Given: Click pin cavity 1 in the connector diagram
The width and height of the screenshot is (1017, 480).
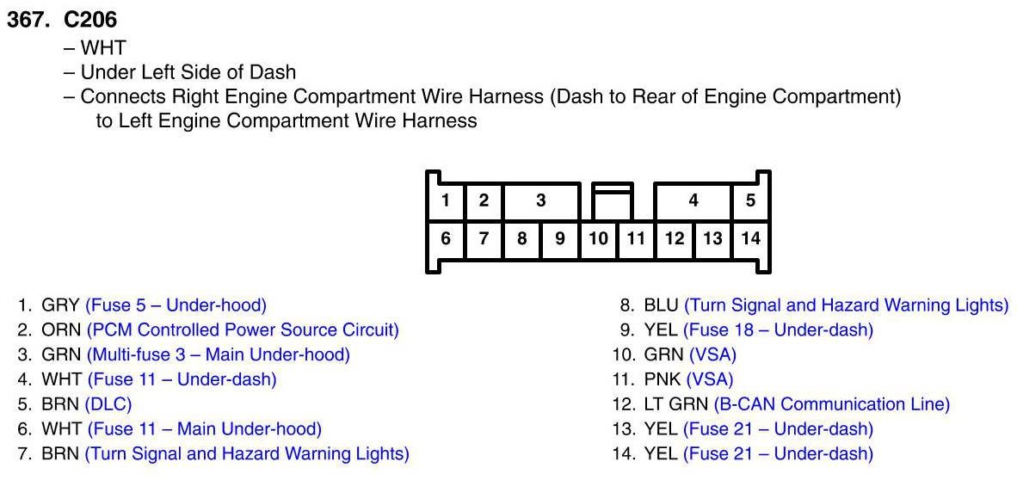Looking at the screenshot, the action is click(x=445, y=201).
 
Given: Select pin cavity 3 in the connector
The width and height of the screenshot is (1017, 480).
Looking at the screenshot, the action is click(x=540, y=201).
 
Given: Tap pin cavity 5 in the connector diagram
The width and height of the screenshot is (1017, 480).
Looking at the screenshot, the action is click(x=750, y=201).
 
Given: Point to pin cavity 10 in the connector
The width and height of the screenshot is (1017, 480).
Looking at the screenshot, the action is click(x=598, y=239).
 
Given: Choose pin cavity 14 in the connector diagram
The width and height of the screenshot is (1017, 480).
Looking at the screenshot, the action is click(x=750, y=239).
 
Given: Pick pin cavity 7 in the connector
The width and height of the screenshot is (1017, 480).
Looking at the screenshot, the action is click(x=484, y=239).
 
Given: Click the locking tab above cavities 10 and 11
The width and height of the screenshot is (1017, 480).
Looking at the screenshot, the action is click(x=612, y=200).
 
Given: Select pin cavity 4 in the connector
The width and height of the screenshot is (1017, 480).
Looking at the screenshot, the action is click(x=693, y=201).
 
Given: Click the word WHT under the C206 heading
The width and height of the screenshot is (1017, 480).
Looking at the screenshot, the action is click(x=102, y=48).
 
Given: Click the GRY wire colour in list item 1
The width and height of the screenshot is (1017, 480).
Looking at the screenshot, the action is click(x=60, y=305).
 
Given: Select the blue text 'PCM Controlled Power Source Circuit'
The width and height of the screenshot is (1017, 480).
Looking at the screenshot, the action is click(x=243, y=329).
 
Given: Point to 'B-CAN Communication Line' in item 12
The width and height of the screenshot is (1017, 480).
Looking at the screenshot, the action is click(x=831, y=403).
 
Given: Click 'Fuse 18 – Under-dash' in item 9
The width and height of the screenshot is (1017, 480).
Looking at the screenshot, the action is click(x=778, y=329).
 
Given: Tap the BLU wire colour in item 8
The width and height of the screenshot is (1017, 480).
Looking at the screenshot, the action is click(x=661, y=305).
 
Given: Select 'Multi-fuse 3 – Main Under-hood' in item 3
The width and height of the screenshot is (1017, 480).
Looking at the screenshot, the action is click(x=219, y=354).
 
